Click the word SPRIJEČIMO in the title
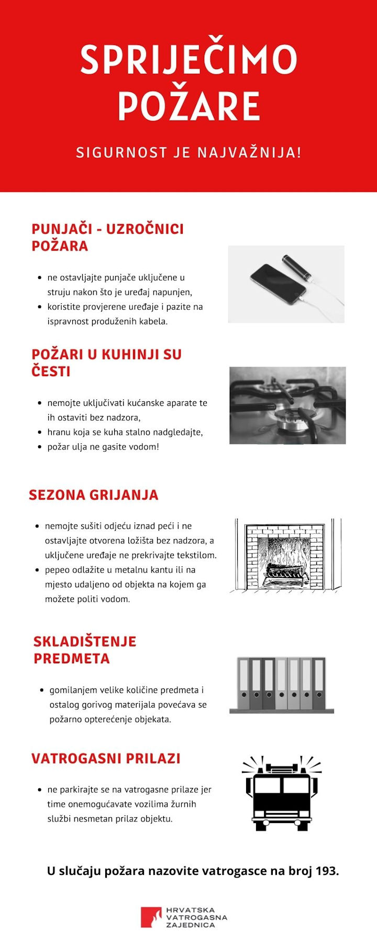point(188,59)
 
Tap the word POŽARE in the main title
point(188,106)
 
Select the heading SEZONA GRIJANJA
point(93,495)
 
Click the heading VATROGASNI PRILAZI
point(106,759)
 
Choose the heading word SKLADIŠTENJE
point(85,642)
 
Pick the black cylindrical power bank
point(297,267)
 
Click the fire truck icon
point(282,794)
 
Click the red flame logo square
point(151,917)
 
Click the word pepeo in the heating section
point(57,569)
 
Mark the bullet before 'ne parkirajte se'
point(40,790)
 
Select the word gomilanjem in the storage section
point(72,690)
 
